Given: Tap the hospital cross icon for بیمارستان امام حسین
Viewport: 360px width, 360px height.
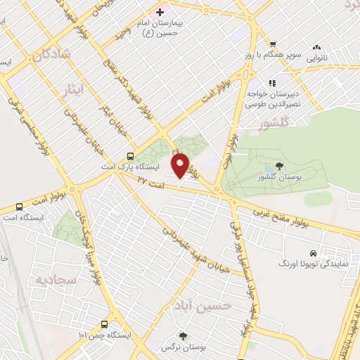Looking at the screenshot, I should coord(160,12).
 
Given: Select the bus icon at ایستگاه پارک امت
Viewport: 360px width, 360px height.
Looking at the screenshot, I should coord(130,156).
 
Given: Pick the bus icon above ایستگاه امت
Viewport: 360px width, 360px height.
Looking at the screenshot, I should coord(18,207).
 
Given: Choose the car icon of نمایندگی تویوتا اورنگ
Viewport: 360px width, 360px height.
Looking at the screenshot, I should coord(313,253).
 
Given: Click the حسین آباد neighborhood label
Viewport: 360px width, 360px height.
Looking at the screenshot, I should coord(203,307).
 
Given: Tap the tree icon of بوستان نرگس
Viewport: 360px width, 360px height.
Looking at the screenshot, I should coord(184,336).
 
